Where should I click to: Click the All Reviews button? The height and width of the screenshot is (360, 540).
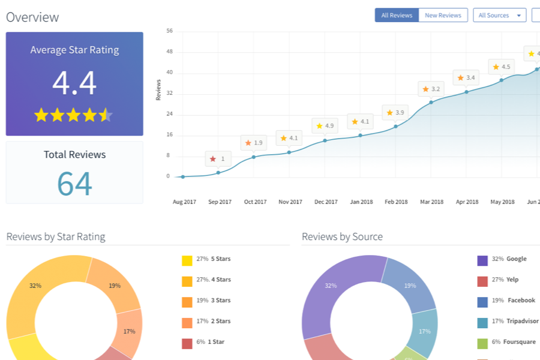point(397,15)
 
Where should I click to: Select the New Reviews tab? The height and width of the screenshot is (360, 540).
point(443,15)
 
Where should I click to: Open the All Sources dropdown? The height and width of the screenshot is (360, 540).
point(499,15)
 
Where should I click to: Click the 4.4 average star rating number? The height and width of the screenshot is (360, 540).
point(74,83)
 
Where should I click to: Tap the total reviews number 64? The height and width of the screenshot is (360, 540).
point(74,184)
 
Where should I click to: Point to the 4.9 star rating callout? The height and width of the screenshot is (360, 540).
point(325,126)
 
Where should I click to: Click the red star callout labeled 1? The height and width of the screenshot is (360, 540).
point(218,159)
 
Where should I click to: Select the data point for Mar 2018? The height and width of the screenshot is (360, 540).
point(431,103)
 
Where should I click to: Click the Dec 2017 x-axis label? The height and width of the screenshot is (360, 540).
point(326,202)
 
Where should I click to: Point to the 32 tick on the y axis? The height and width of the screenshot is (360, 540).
point(169,93)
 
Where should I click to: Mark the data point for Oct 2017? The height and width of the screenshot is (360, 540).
point(253,157)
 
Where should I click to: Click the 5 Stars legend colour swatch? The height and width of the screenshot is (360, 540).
point(187,261)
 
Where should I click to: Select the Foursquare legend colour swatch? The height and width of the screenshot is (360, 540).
point(482,343)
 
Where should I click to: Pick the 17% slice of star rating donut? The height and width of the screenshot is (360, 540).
point(128,331)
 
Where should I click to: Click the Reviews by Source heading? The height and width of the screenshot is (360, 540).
point(343,236)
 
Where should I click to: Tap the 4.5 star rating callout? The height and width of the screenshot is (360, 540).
point(502,67)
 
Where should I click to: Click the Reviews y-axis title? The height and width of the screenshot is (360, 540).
point(158,90)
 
